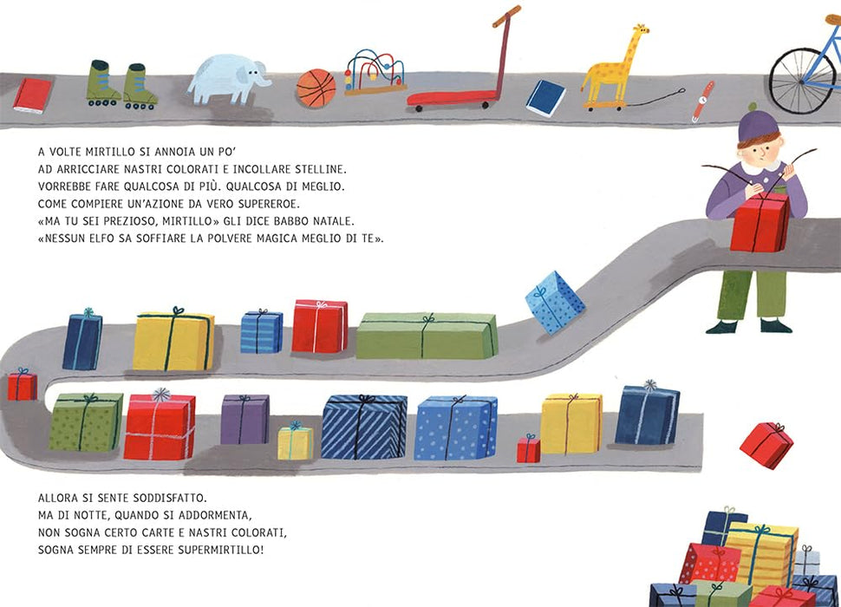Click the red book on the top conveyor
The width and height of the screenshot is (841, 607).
point(33,96)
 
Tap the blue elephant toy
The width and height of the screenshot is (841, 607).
point(228,79)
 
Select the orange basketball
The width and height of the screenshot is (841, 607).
point(316,88)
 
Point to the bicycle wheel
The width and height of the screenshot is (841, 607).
point(802,82)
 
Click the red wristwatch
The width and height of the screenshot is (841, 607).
point(702,101)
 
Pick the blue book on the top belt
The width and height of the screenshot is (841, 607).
point(545,98)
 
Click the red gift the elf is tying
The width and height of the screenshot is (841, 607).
point(760,222)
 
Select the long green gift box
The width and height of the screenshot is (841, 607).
point(427,336)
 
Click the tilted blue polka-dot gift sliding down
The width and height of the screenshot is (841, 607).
point(555,302)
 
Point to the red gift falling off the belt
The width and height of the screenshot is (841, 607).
point(766,445)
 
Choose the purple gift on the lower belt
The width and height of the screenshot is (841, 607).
point(245,419)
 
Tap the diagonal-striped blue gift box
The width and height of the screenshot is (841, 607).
point(364,427)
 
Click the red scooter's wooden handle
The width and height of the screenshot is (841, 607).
point(506,16)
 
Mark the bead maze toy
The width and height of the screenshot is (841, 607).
point(375,72)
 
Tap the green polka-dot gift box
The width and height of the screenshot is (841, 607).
point(86,421)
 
